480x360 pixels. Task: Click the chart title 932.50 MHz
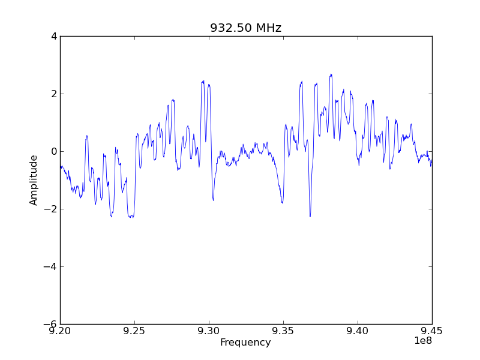click(x=245, y=28)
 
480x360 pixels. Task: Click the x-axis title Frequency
click(x=245, y=343)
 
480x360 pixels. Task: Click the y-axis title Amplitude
click(x=34, y=180)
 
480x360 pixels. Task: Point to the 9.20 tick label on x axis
click(x=60, y=332)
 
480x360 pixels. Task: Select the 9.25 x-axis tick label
click(x=134, y=332)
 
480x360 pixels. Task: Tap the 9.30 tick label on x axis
click(x=209, y=332)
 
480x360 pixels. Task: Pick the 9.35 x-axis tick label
click(x=283, y=332)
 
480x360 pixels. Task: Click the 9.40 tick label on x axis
click(x=358, y=332)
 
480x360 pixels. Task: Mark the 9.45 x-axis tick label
click(x=432, y=332)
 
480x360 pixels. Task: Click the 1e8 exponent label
click(x=422, y=341)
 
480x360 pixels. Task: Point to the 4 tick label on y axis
click(x=54, y=36)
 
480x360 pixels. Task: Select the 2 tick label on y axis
click(x=54, y=94)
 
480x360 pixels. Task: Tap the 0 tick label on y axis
click(x=54, y=151)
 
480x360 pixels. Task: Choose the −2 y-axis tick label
click(x=51, y=209)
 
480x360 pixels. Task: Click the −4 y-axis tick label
click(x=51, y=266)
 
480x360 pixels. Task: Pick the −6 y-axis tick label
click(x=51, y=324)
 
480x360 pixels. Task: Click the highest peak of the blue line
click(x=331, y=74)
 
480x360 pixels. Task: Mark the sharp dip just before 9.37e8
click(x=310, y=216)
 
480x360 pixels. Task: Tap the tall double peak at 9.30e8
click(x=203, y=81)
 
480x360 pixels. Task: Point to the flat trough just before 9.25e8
click(x=131, y=217)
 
